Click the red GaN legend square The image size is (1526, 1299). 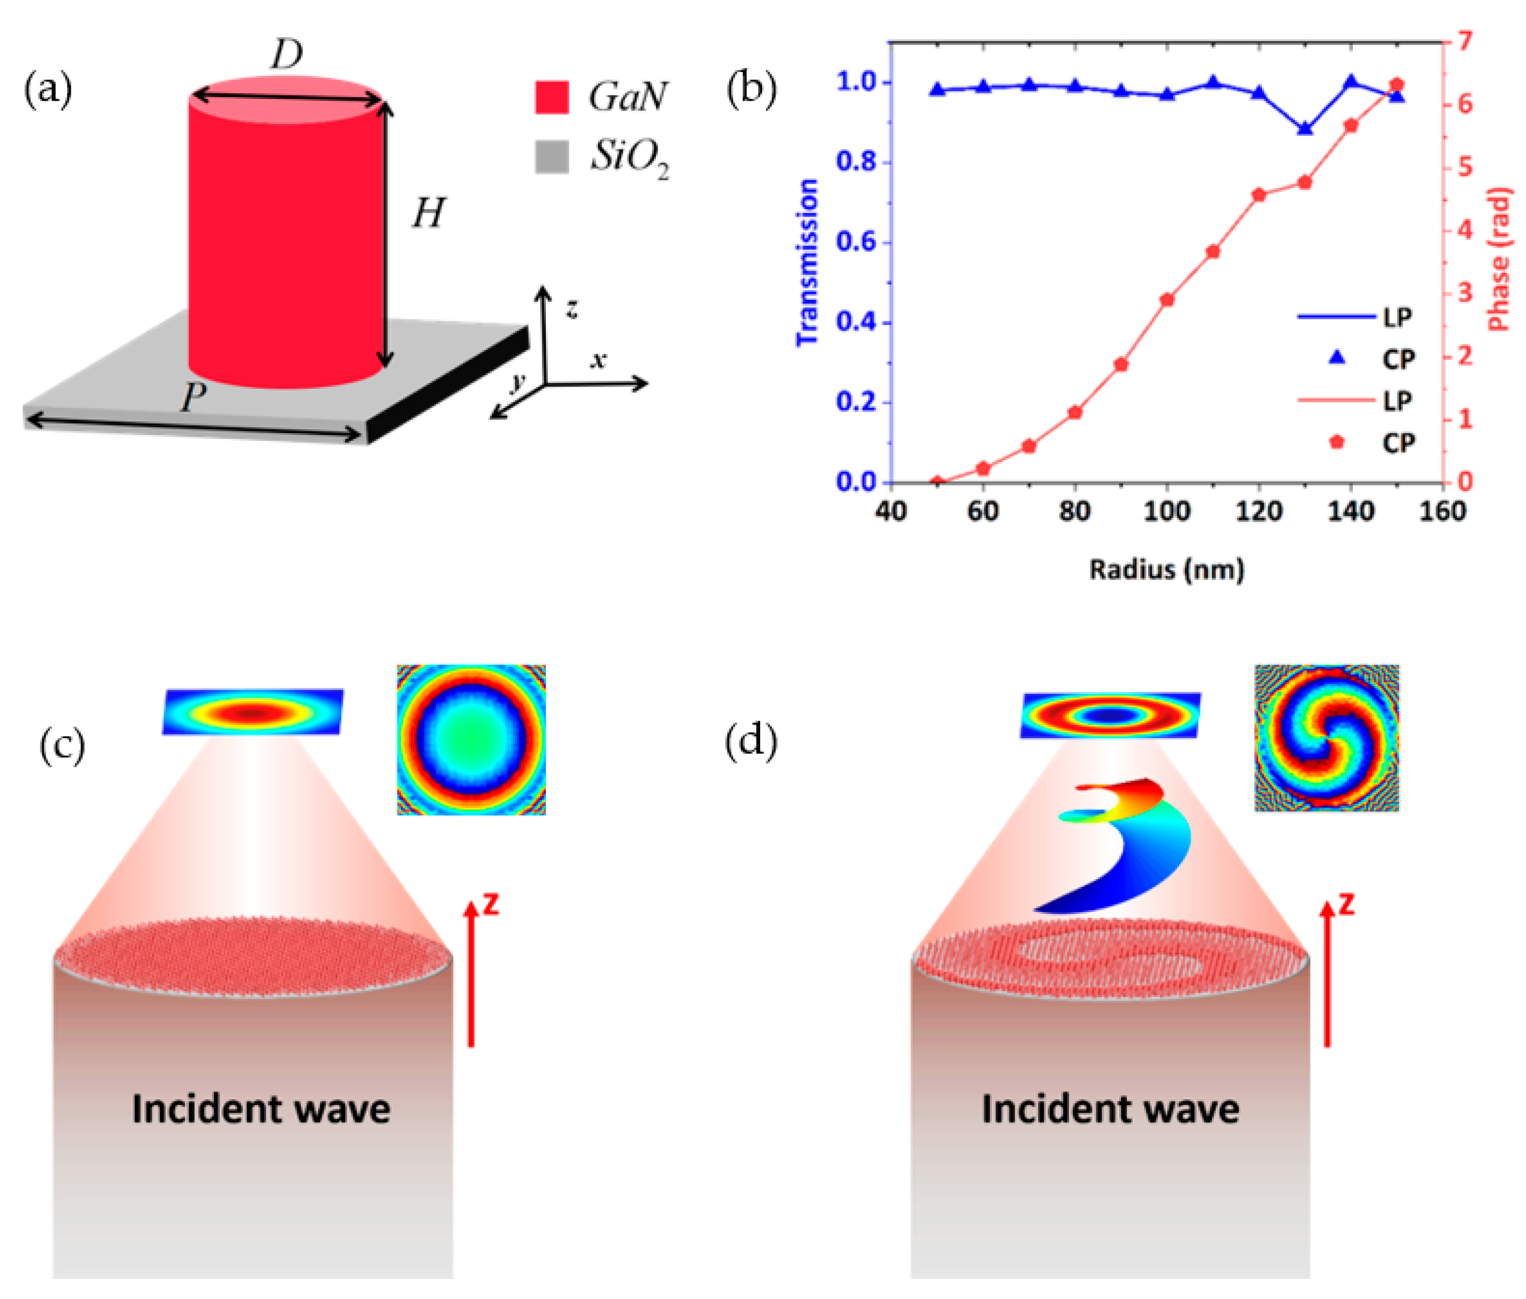[551, 97]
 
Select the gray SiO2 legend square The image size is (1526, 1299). [551, 156]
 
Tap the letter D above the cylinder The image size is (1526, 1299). [286, 55]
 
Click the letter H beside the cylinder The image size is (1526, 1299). [428, 214]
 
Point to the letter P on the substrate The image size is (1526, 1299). [193, 397]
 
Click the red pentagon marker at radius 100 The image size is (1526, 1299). [1167, 300]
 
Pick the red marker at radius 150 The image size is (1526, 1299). [1397, 84]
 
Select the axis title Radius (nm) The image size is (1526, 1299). [1167, 569]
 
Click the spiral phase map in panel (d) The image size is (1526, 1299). [1326, 738]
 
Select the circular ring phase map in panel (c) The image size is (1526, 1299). [471, 739]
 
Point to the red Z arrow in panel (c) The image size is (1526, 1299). [471, 972]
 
